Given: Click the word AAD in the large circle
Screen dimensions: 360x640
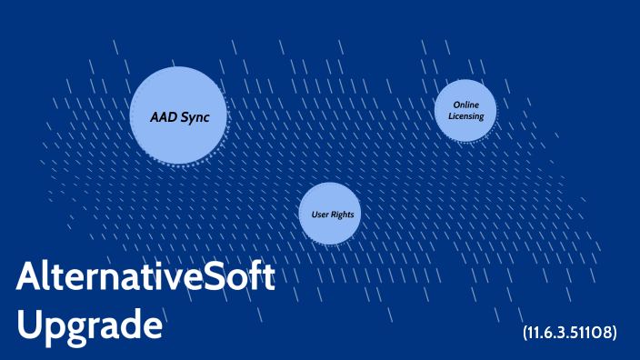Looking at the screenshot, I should click(x=165, y=115).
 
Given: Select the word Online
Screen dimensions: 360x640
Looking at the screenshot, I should click(x=465, y=105).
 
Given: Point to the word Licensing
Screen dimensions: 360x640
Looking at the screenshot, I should click(x=465, y=116).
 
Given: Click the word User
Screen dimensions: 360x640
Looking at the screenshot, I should click(x=315, y=215).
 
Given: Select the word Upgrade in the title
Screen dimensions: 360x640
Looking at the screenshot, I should click(x=89, y=325).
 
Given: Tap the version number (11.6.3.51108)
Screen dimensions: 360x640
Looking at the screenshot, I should click(x=570, y=333).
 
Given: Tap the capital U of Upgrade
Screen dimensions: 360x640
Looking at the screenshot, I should click(x=28, y=325).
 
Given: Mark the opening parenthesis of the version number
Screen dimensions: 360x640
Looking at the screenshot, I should click(x=525, y=333).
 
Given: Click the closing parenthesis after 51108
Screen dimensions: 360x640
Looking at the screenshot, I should click(x=615, y=333).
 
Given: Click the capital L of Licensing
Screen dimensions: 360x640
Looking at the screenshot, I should click(x=451, y=116).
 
